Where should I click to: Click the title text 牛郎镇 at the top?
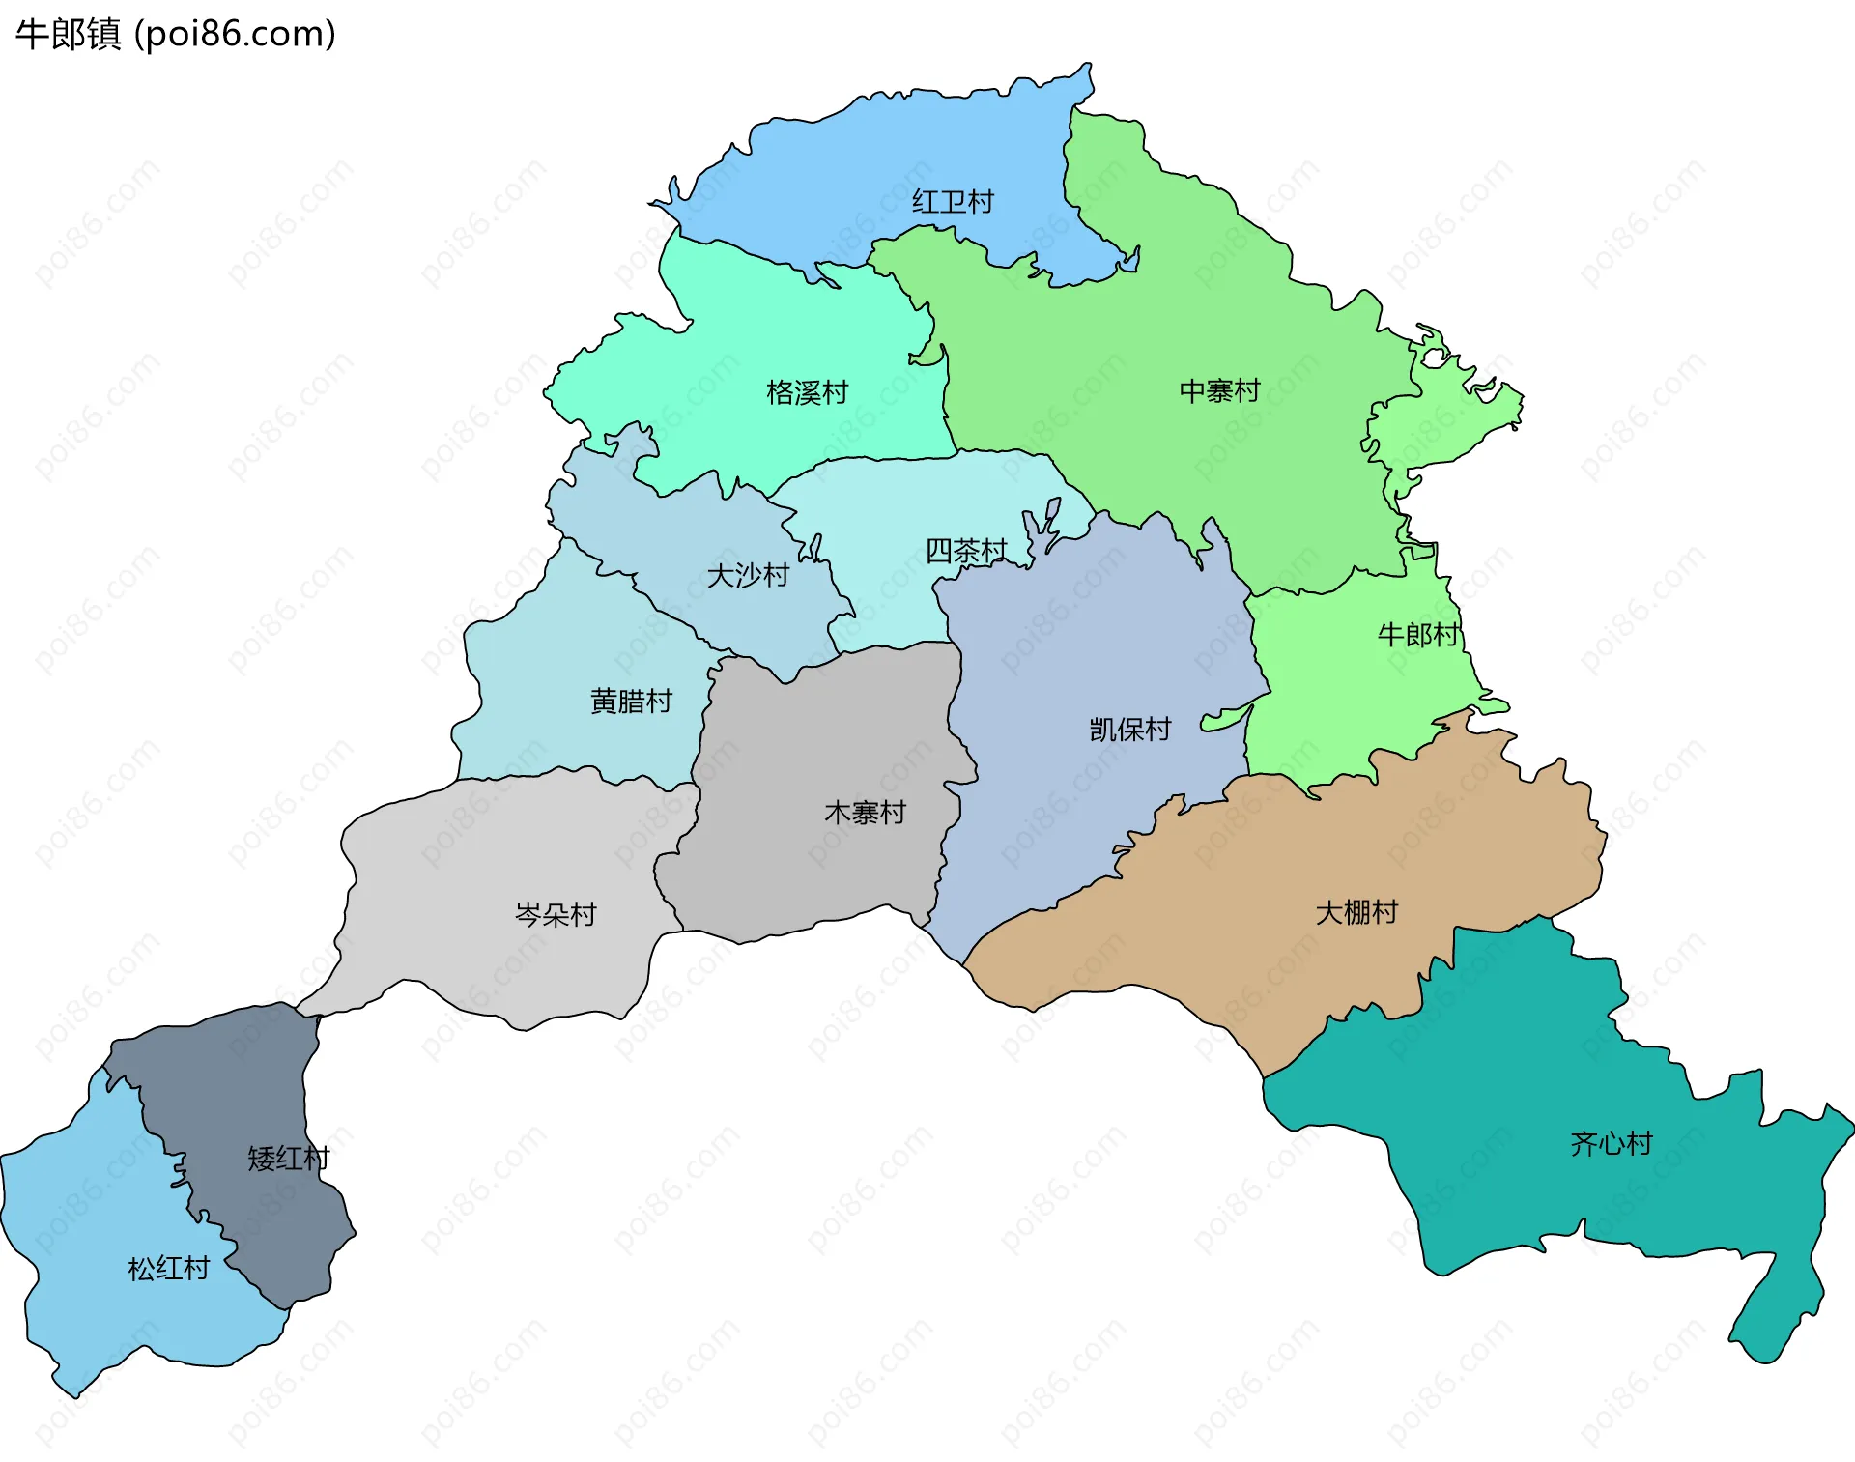click(x=68, y=34)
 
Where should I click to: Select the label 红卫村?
click(x=953, y=202)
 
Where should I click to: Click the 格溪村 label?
click(x=807, y=392)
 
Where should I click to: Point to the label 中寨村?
click(x=1219, y=391)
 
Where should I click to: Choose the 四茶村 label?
click(x=966, y=551)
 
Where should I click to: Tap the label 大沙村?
click(x=748, y=576)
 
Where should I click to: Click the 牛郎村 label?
click(x=1417, y=635)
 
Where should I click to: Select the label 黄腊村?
click(x=631, y=702)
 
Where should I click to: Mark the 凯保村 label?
click(x=1129, y=730)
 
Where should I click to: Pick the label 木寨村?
click(x=865, y=813)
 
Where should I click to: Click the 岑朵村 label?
click(x=556, y=914)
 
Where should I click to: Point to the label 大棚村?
click(x=1356, y=912)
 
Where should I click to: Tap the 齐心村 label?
click(x=1611, y=1144)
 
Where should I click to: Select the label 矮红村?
click(x=288, y=1158)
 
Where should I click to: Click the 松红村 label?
click(x=169, y=1269)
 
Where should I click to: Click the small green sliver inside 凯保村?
click(x=1223, y=719)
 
